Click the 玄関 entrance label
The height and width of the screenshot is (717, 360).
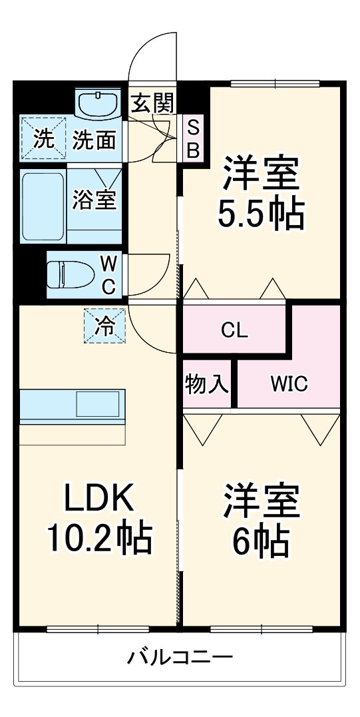tap(152, 104)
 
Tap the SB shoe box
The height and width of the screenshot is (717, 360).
tap(194, 137)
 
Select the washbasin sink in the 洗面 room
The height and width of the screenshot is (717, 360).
tap(98, 103)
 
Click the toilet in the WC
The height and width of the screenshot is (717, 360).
tap(71, 274)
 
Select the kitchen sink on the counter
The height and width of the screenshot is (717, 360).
tap(97, 403)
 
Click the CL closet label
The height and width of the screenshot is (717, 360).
tap(234, 330)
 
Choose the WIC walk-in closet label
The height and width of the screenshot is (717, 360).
tap(289, 385)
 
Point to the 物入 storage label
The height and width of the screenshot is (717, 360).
tap(207, 384)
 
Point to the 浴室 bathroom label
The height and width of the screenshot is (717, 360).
tap(94, 200)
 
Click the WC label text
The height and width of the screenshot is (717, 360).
tap(108, 275)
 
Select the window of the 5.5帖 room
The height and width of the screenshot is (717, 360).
tap(275, 83)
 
